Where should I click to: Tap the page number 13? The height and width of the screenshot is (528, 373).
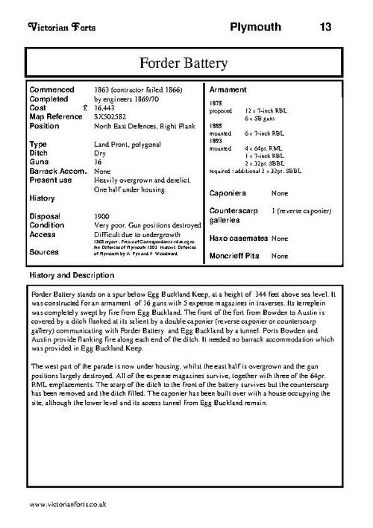tap(325, 28)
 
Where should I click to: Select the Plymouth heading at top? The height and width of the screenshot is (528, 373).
tap(255, 28)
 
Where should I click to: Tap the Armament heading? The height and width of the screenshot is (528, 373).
tap(231, 89)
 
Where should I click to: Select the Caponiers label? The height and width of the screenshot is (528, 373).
tap(229, 192)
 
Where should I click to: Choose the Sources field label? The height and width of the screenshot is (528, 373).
tap(44, 252)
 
